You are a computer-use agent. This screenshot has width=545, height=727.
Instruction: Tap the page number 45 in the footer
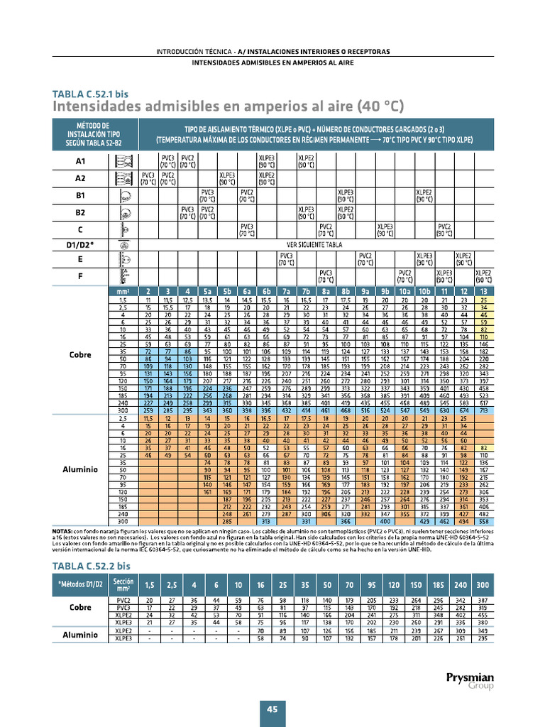click(x=272, y=709)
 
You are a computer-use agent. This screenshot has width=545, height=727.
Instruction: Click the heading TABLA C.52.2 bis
click(x=92, y=566)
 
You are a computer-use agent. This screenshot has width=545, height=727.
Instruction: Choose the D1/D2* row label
click(x=80, y=246)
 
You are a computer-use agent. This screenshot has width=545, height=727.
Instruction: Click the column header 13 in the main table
click(x=484, y=291)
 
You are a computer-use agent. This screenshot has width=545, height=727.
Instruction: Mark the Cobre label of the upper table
click(x=80, y=354)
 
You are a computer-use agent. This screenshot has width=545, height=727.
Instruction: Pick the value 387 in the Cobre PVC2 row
click(x=483, y=601)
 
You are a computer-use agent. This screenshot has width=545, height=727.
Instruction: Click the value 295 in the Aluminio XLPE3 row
click(x=483, y=638)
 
